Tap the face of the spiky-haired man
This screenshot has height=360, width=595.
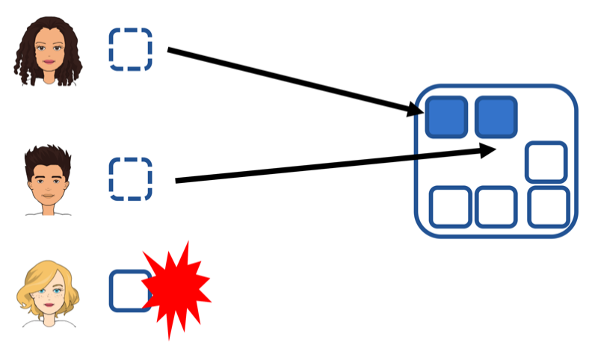point(47,182)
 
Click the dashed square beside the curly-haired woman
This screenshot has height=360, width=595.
point(131,49)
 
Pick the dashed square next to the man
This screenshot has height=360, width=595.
point(131,179)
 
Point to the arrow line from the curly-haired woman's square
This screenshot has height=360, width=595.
point(292,81)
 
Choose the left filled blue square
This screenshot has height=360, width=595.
point(446,117)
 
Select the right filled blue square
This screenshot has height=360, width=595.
point(496,117)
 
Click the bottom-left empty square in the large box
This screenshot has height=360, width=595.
point(451,207)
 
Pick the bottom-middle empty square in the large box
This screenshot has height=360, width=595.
point(496,207)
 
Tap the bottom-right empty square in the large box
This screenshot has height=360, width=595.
point(549,207)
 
